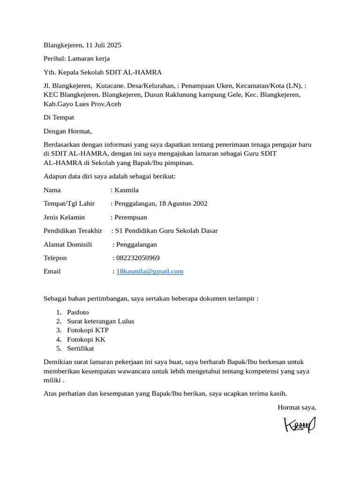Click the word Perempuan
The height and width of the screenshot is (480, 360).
pyautogui.click(x=131, y=217)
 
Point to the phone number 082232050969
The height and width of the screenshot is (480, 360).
pyautogui.click(x=138, y=258)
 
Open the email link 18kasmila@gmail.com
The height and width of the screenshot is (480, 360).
pyautogui.click(x=150, y=271)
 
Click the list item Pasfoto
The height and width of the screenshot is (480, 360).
pyautogui.click(x=78, y=312)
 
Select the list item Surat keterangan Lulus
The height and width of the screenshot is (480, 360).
pyautogui.click(x=100, y=321)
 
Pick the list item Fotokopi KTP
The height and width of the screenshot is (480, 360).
pyautogui.click(x=88, y=330)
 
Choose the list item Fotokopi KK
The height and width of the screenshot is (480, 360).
pyautogui.click(x=86, y=339)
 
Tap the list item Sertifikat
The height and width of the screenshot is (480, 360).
pyautogui.click(x=81, y=348)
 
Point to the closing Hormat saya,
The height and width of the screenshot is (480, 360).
pyautogui.click(x=297, y=407)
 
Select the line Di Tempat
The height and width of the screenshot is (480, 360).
pyautogui.click(x=59, y=118)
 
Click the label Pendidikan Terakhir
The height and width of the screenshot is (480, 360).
pyautogui.click(x=73, y=231)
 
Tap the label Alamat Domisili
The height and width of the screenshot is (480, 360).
pyautogui.click(x=68, y=244)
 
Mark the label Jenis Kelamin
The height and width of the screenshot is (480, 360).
pyautogui.click(x=64, y=217)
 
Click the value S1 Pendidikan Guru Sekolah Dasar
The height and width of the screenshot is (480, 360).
pyautogui.click(x=166, y=231)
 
